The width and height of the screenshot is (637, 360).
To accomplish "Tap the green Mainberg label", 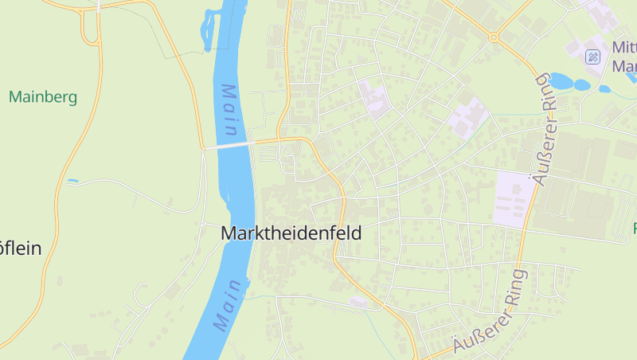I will [x=43, y=97].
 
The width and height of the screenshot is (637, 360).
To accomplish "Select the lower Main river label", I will [x=227, y=305].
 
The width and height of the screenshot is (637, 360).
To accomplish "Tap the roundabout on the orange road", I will [x=494, y=37].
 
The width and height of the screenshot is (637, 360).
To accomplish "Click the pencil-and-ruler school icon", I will [x=592, y=57].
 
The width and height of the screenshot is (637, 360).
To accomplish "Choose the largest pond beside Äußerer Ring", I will [x=560, y=80].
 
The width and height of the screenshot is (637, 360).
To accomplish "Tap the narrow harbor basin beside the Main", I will [x=211, y=29].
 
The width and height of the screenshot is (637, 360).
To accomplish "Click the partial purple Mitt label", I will [x=623, y=47].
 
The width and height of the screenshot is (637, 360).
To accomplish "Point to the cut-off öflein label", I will [x=20, y=248].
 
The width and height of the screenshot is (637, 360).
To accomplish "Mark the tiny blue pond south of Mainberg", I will [x=72, y=181].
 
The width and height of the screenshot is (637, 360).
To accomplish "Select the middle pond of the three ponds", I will [x=583, y=84].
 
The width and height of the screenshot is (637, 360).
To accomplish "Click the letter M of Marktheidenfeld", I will [x=229, y=233].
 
